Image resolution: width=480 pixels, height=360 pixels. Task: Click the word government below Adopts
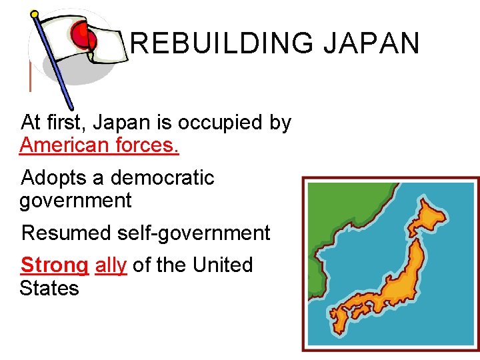(75, 200)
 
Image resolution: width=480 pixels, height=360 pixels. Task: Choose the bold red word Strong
(54, 265)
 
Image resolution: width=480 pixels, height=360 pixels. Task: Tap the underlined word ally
(111, 265)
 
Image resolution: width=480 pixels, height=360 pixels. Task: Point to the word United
(223, 265)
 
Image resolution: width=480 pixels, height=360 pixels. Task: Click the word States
(49, 288)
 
